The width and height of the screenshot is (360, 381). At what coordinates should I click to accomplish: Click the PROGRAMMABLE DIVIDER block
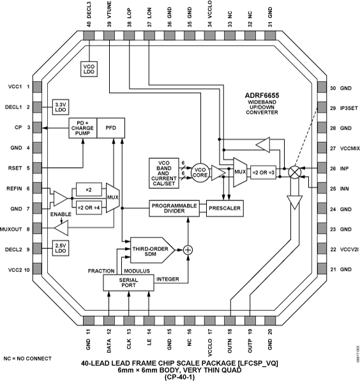176,207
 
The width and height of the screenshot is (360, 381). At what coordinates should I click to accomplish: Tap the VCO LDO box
89,70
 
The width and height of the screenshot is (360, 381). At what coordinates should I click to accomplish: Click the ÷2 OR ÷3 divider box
264,172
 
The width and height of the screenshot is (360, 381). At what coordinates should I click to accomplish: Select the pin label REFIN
15,189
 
